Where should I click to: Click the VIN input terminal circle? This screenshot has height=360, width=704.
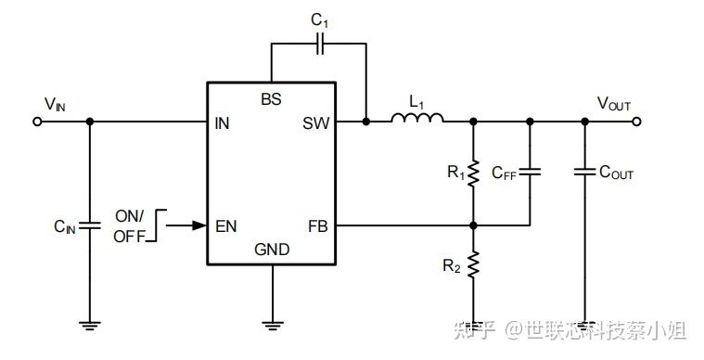(38, 122)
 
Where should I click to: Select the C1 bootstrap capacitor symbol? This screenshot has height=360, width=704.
(320, 44)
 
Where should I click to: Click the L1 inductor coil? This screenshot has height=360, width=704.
(417, 118)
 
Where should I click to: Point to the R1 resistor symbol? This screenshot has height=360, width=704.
(473, 173)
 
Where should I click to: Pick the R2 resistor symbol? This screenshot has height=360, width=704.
(473, 266)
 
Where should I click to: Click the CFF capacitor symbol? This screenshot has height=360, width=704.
(530, 173)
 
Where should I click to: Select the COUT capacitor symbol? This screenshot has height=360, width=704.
(584, 173)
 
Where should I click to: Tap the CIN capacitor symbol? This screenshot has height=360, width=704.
(90, 225)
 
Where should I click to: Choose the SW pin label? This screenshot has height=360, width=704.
(315, 122)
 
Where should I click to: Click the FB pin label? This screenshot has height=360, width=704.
(317, 225)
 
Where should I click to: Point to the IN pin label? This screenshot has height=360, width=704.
(222, 122)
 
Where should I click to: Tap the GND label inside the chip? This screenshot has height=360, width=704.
(272, 250)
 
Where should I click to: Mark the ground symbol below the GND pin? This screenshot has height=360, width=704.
(272, 324)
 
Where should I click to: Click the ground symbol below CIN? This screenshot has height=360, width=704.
(90, 324)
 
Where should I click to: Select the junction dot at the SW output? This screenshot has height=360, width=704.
(366, 122)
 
